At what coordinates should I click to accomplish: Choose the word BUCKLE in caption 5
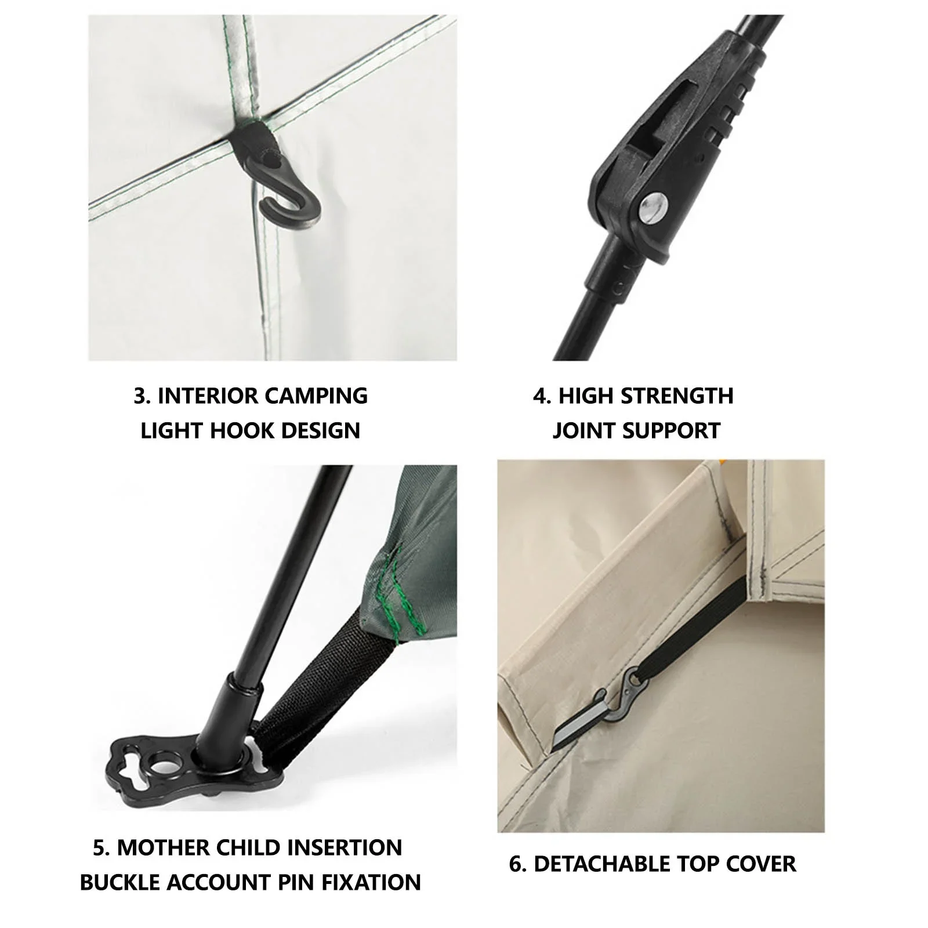point(120,882)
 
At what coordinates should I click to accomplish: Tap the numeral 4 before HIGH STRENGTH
point(542,396)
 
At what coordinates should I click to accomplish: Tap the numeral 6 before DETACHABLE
point(517,864)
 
